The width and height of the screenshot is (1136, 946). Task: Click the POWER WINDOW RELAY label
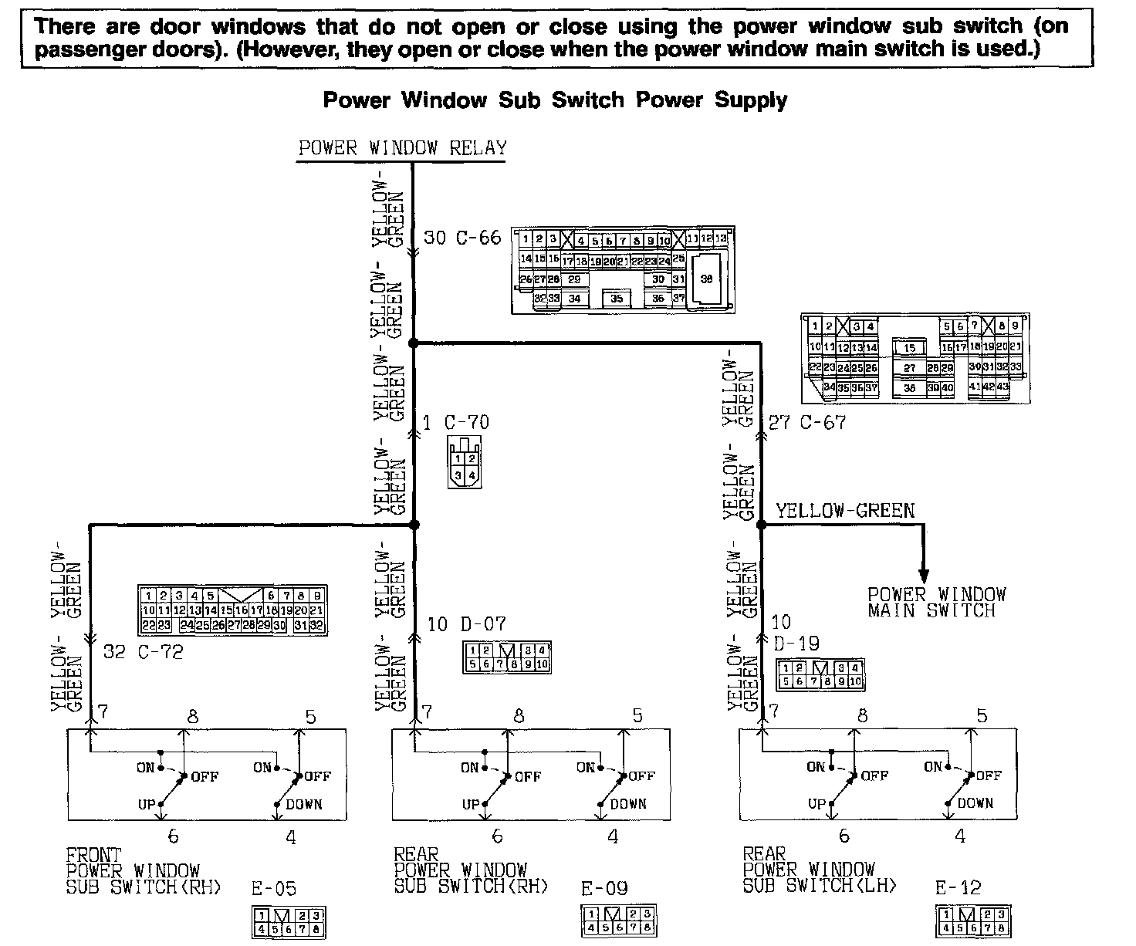[402, 148]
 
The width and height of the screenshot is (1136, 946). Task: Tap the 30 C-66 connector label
[462, 238]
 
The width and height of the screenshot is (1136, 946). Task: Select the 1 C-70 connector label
[456, 422]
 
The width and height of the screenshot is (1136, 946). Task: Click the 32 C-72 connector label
[144, 652]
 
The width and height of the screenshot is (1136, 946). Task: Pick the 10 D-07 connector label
[467, 623]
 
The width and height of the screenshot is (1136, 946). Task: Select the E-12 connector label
[958, 888]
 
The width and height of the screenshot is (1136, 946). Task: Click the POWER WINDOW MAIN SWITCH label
[936, 603]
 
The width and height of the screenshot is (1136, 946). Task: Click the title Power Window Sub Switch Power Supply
[555, 100]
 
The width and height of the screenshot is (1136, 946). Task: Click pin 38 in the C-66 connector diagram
[706, 279]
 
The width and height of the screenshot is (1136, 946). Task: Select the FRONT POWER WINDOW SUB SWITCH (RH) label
[144, 870]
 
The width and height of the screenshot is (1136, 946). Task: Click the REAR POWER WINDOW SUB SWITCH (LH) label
[819, 870]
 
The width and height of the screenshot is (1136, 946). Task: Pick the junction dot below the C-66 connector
[413, 342]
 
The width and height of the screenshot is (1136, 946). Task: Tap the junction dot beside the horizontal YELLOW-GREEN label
[761, 525]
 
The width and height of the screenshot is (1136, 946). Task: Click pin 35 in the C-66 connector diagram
[617, 298]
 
